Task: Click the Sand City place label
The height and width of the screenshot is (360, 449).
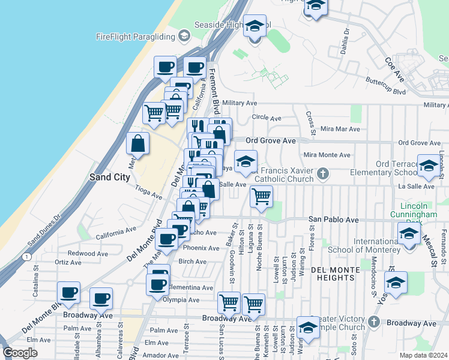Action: coord(109,177)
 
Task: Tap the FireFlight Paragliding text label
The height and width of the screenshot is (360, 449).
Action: coord(135,37)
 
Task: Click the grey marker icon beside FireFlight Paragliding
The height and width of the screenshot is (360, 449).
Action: coord(184,37)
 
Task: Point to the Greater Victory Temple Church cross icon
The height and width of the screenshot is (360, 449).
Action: coord(373,322)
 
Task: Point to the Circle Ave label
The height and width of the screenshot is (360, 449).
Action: coord(267,118)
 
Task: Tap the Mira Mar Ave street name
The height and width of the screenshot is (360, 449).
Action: coord(340,129)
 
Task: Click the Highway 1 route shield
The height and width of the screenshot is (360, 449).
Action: coord(27,256)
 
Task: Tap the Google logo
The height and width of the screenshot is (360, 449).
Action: coord(20,353)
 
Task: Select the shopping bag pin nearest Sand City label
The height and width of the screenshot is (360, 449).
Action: coord(138,144)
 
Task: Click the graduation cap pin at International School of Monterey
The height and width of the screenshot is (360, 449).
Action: coord(408,234)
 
